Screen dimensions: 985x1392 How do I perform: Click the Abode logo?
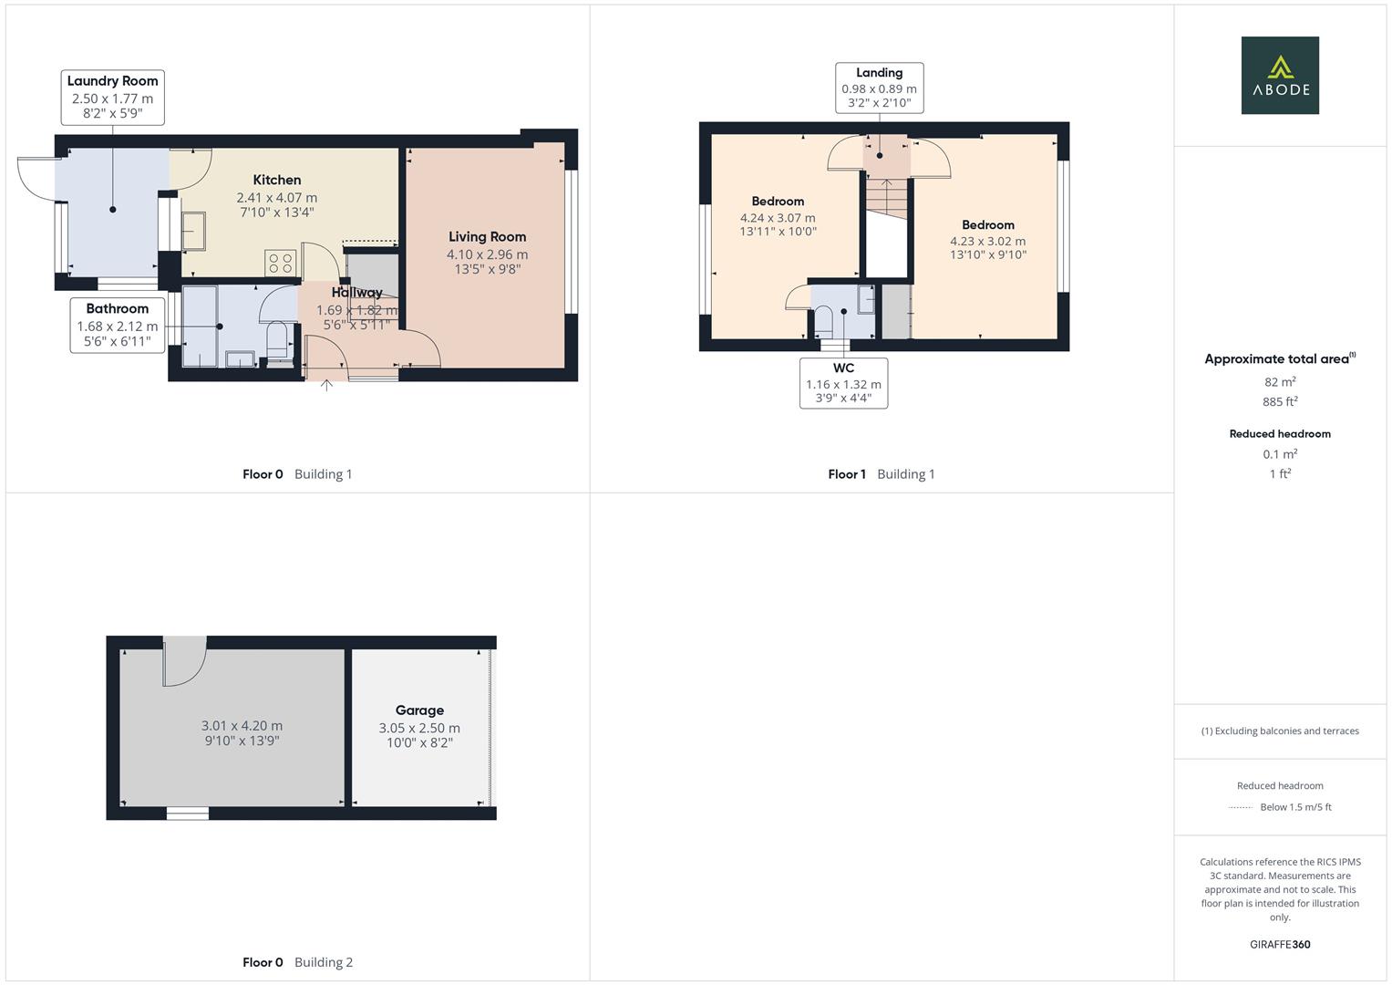1279,75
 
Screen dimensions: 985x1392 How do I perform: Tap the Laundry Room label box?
112,98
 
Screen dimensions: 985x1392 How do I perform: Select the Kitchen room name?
277,180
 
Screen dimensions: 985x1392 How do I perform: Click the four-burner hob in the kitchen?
281,263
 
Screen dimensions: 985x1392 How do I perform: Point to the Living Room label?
487,237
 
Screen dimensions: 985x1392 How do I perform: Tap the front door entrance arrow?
326,386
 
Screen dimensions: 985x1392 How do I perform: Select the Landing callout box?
879,88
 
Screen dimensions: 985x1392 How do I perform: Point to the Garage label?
419,710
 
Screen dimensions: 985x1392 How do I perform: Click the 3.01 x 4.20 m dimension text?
242,726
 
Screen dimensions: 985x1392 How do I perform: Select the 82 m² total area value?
1280,382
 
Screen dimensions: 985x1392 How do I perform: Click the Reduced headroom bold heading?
1280,434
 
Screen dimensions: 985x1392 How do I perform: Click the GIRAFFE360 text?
1280,945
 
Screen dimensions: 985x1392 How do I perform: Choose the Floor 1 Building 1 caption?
881,474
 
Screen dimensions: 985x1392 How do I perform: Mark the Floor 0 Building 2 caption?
297,962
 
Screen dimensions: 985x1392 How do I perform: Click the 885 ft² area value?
1280,401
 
